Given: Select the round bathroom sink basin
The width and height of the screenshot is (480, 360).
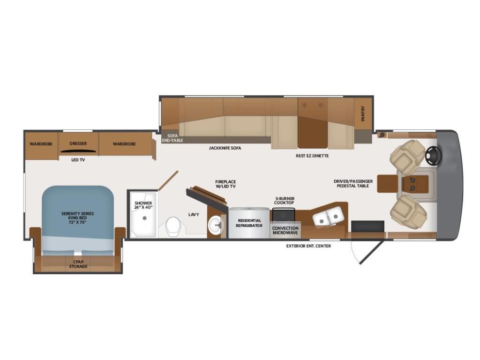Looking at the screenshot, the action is (x=216, y=225).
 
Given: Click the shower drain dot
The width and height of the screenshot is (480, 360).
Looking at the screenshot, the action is (x=144, y=218).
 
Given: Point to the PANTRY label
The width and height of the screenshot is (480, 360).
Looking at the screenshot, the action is (x=363, y=113).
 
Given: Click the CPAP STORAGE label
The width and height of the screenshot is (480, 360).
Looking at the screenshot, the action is (x=78, y=264).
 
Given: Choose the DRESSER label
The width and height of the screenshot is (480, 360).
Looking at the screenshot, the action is (x=78, y=143).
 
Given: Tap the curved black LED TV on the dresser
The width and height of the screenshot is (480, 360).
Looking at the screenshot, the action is (x=78, y=150).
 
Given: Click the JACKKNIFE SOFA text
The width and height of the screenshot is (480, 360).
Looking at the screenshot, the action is (x=225, y=148).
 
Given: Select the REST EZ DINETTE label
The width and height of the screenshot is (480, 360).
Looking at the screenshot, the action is (x=312, y=156).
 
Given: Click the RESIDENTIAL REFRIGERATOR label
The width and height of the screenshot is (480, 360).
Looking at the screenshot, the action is (x=249, y=223).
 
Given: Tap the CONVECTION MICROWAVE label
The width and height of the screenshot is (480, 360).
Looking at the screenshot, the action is (x=285, y=230).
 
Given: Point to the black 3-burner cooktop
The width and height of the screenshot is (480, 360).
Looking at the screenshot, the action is (x=284, y=215).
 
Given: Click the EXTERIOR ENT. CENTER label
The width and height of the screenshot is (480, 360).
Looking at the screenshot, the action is (x=308, y=246).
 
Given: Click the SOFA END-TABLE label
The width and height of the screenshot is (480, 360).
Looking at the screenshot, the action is (x=172, y=138).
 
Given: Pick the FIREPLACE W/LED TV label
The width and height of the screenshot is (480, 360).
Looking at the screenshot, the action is (x=225, y=184).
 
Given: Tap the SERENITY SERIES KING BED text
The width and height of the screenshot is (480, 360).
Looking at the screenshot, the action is (x=77, y=217).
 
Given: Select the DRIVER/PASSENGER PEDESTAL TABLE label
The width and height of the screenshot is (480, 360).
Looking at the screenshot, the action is (x=353, y=183).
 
